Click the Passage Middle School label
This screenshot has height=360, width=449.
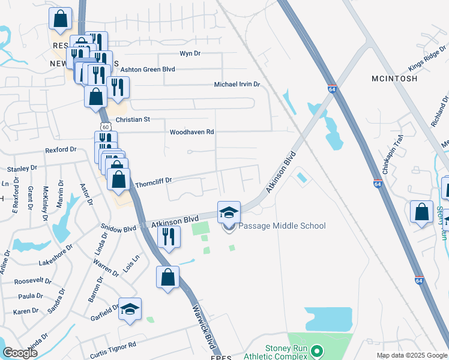[x=282, y=226]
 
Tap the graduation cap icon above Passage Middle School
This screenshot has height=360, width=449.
[x=229, y=213]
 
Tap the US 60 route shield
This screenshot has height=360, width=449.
[x=106, y=127]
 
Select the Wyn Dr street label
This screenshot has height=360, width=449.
[x=190, y=54]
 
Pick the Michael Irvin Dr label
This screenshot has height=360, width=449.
[x=237, y=85]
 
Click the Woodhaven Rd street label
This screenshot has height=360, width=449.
[x=192, y=132]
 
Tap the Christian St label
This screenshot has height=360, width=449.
[x=133, y=120]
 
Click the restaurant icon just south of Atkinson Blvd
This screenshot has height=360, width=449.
[x=169, y=237]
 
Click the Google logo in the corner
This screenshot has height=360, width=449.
[x=20, y=353]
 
